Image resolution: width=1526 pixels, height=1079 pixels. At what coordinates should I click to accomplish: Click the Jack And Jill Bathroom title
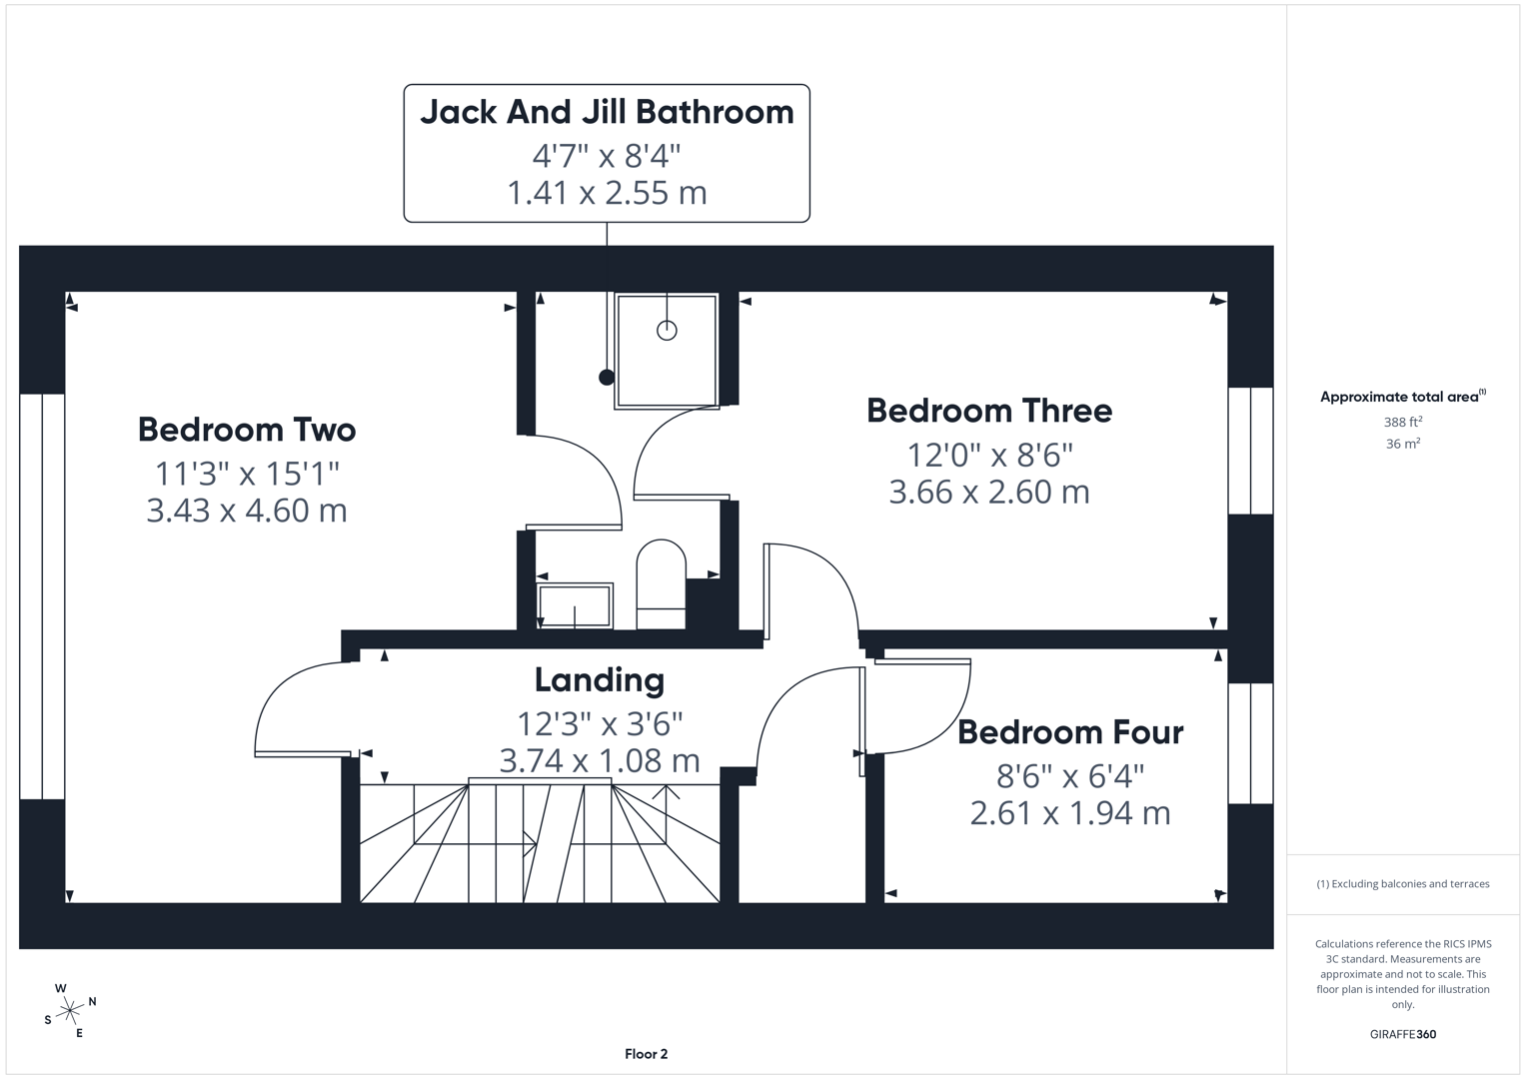click(607, 112)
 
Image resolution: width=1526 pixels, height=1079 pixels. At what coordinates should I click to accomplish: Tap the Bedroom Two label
click(247, 430)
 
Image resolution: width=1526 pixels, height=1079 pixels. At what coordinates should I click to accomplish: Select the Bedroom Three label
click(989, 411)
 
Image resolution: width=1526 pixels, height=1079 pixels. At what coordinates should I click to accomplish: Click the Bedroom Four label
click(1070, 732)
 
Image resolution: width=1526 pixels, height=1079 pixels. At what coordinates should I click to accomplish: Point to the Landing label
click(600, 680)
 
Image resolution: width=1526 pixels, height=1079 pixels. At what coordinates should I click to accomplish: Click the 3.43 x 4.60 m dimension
click(247, 511)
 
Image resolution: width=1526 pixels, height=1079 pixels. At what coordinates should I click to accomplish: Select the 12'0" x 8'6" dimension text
click(989, 455)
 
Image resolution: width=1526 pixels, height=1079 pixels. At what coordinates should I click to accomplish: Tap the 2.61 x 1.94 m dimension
click(1070, 813)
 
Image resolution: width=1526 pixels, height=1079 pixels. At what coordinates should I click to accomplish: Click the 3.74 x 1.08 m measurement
click(600, 761)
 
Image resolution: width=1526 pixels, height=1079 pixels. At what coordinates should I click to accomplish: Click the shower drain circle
click(667, 330)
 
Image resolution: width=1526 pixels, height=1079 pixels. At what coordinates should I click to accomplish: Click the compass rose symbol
click(70, 1011)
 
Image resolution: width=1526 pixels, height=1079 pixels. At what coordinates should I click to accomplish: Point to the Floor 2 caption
click(646, 1054)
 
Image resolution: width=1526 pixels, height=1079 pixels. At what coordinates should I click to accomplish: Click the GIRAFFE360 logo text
click(1402, 1034)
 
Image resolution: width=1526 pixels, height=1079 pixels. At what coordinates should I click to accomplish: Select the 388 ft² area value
click(1402, 423)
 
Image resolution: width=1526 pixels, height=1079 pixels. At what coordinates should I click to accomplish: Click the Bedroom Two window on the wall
click(42, 596)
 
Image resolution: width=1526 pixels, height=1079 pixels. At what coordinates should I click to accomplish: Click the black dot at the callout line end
click(607, 377)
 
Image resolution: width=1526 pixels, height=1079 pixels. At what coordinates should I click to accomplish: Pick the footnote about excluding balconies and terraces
click(1402, 884)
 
